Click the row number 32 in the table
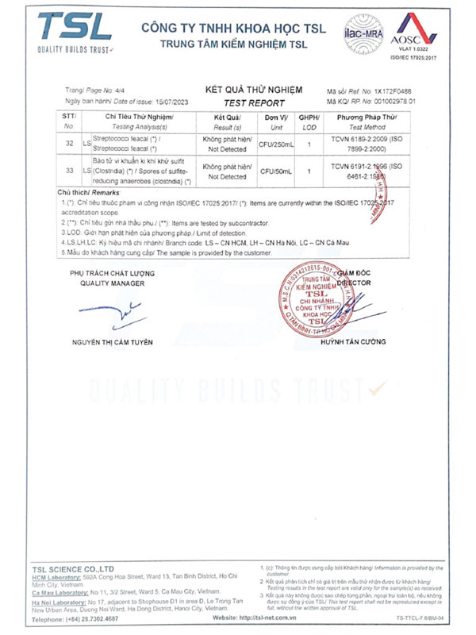pyautogui.click(x=68, y=142)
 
